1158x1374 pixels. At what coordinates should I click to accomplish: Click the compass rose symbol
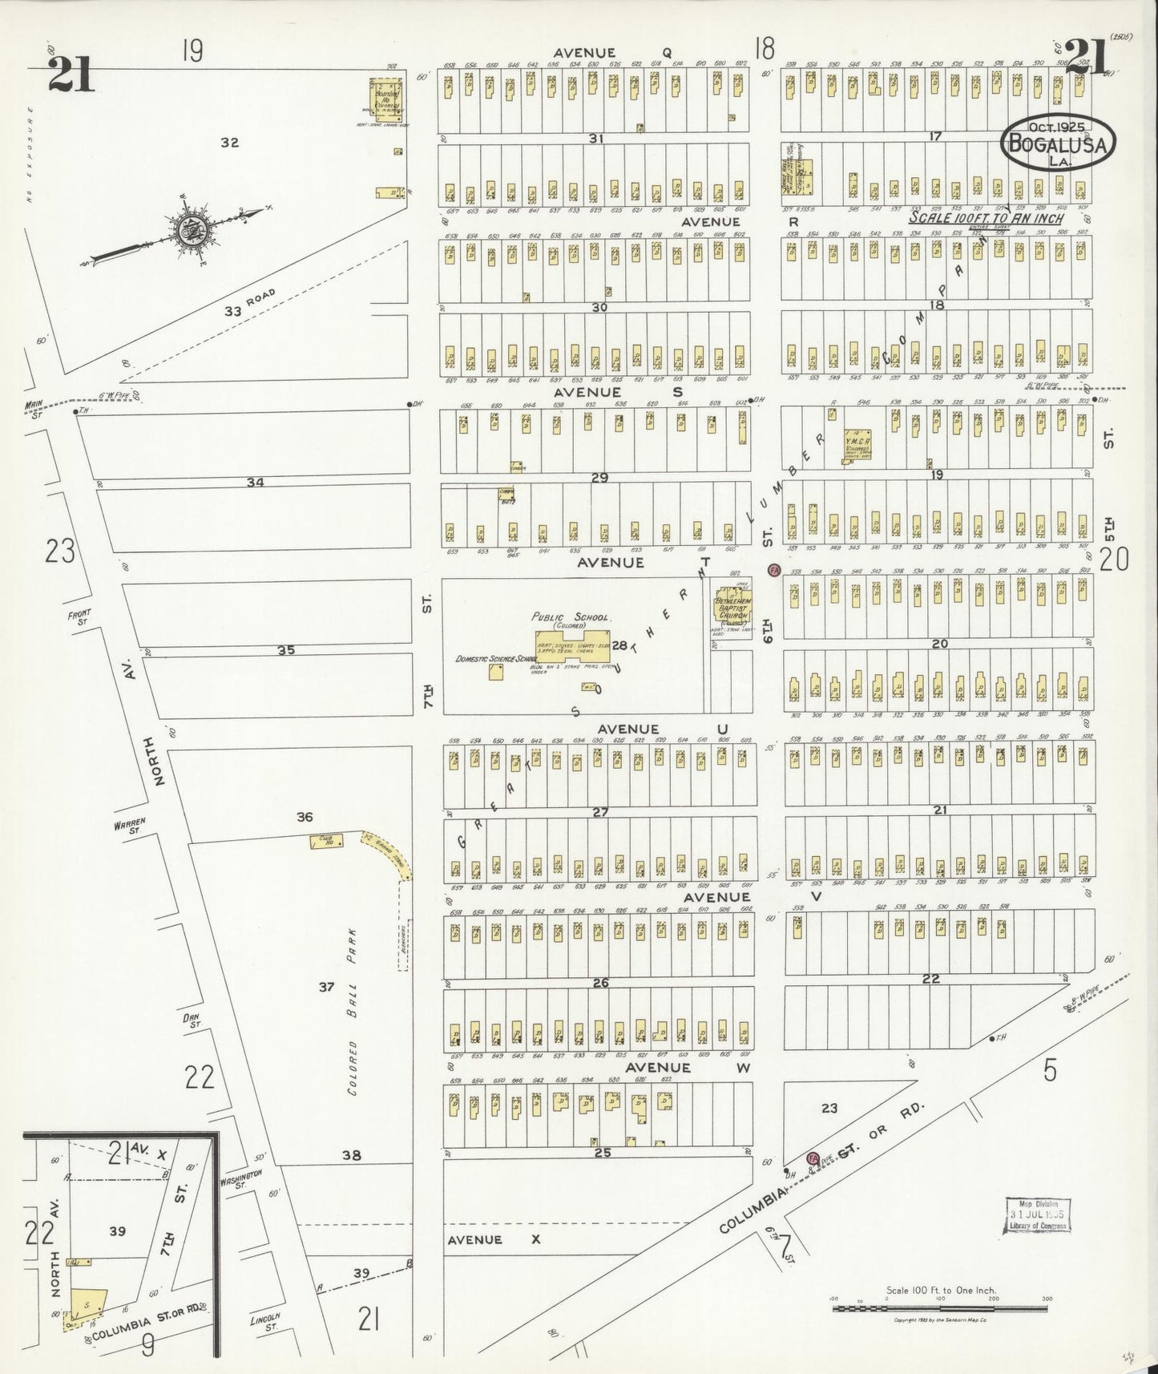click(x=192, y=228)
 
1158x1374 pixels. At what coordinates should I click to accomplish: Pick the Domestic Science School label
click(x=496, y=658)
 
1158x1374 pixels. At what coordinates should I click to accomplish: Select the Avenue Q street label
click(x=582, y=53)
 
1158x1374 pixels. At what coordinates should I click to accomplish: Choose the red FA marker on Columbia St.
click(x=813, y=1158)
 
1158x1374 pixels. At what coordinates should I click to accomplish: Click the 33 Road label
click(x=248, y=304)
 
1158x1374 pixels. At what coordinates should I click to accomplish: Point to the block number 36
click(x=305, y=817)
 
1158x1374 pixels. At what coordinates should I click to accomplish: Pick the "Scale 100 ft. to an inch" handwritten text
click(x=987, y=218)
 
